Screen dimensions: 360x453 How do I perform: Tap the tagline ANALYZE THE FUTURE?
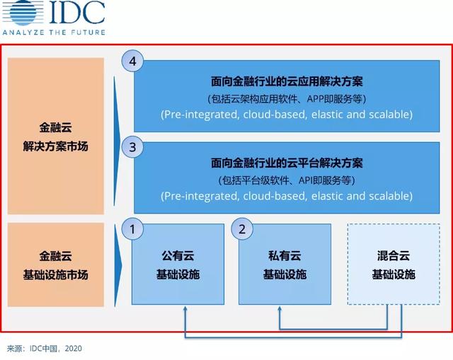tap(53, 32)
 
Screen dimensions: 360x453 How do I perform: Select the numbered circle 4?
tap(132, 61)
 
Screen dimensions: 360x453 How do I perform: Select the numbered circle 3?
tap(132, 147)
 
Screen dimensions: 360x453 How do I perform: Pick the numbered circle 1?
tap(132, 228)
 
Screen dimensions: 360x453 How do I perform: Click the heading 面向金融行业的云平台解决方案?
tap(287, 163)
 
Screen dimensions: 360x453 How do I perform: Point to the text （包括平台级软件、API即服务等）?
tap(287, 180)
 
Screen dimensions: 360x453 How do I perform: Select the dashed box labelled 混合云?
tap(393, 265)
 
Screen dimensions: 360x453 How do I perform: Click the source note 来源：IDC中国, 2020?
tap(47, 349)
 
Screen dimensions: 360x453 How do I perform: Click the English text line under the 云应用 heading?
tap(287, 114)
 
